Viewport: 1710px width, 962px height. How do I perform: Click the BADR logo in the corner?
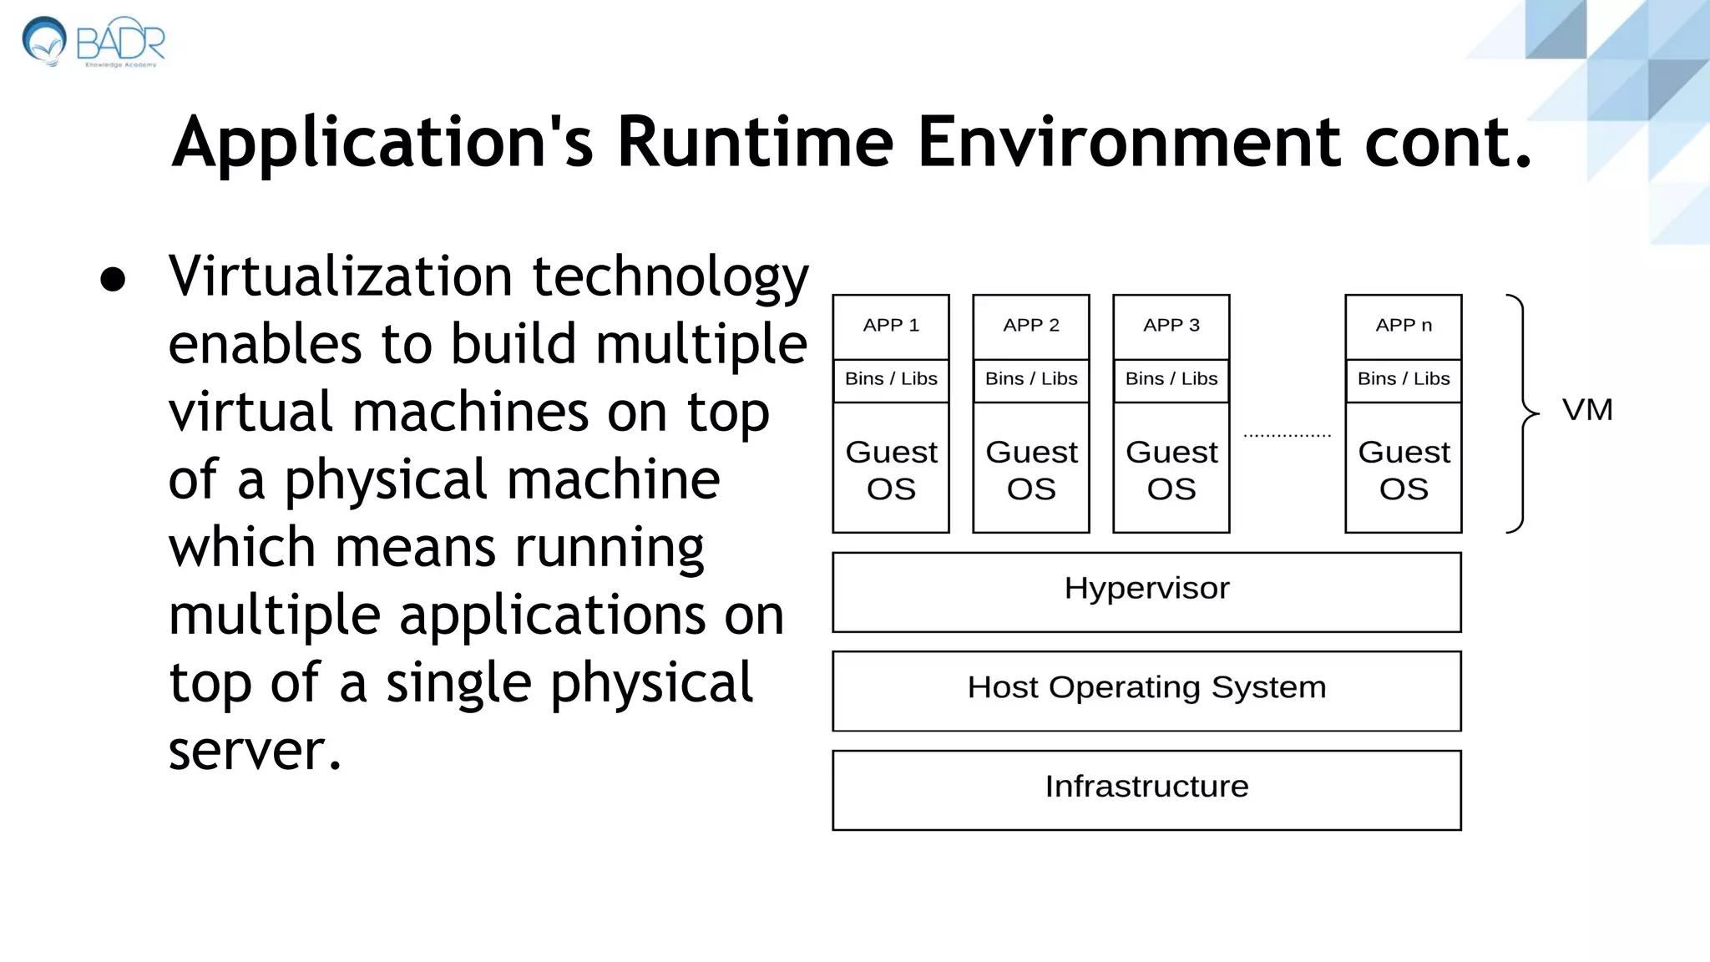(94, 42)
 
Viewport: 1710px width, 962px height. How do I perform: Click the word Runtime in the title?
(755, 142)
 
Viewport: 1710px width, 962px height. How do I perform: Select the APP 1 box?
(891, 326)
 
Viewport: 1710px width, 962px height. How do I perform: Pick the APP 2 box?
(1031, 326)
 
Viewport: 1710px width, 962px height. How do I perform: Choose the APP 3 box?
(1171, 326)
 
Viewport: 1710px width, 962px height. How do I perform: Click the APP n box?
(1404, 326)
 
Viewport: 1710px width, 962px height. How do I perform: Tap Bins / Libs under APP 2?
(1031, 379)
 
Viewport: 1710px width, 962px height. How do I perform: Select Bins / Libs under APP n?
(1404, 379)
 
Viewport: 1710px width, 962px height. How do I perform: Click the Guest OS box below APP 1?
(891, 468)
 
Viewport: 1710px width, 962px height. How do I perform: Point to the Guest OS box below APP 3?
(1171, 468)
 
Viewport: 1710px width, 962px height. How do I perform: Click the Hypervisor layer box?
(1146, 591)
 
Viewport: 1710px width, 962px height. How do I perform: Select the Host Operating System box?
(1146, 690)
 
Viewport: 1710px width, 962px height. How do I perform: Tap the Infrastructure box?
(1146, 789)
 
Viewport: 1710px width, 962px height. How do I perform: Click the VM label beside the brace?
(1587, 410)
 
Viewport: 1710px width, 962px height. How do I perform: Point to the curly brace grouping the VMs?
(1522, 413)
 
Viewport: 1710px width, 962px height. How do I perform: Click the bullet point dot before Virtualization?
(113, 280)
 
